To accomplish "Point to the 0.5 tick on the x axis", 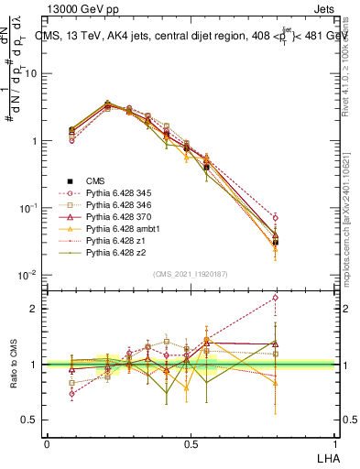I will coord(190,442).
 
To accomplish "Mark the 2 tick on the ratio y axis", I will coord(37,309).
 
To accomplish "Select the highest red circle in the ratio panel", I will coord(276,298).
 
